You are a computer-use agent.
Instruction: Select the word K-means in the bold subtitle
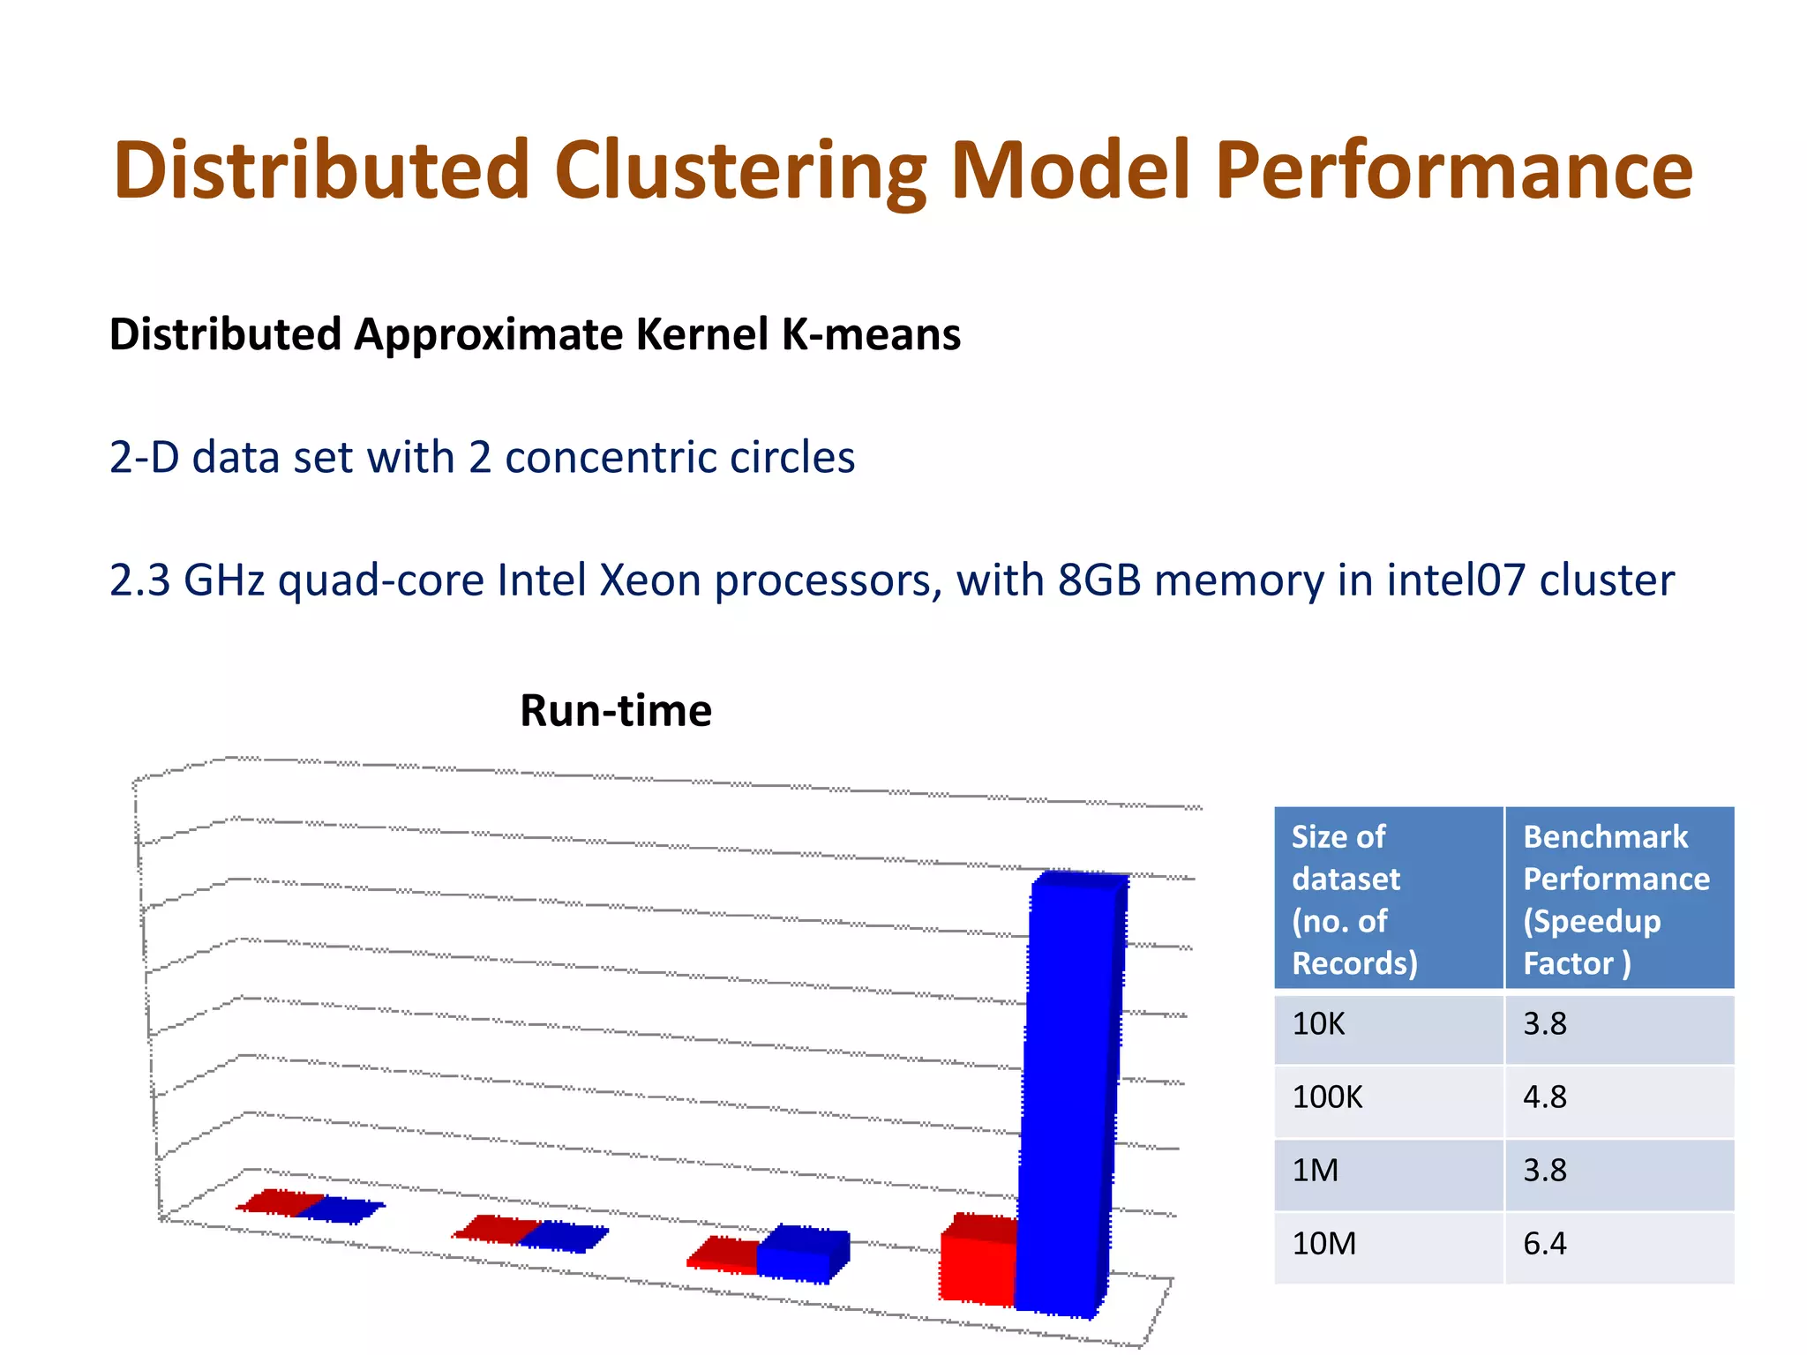click(871, 335)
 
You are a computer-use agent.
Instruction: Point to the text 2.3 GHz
click(186, 580)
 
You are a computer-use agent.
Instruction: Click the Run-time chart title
click(616, 711)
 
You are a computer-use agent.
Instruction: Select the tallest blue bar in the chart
click(1069, 1094)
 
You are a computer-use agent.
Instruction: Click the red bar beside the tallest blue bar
click(978, 1261)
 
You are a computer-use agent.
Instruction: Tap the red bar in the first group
click(281, 1202)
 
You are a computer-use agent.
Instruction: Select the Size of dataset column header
click(1388, 898)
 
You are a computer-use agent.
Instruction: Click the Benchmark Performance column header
click(1618, 898)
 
